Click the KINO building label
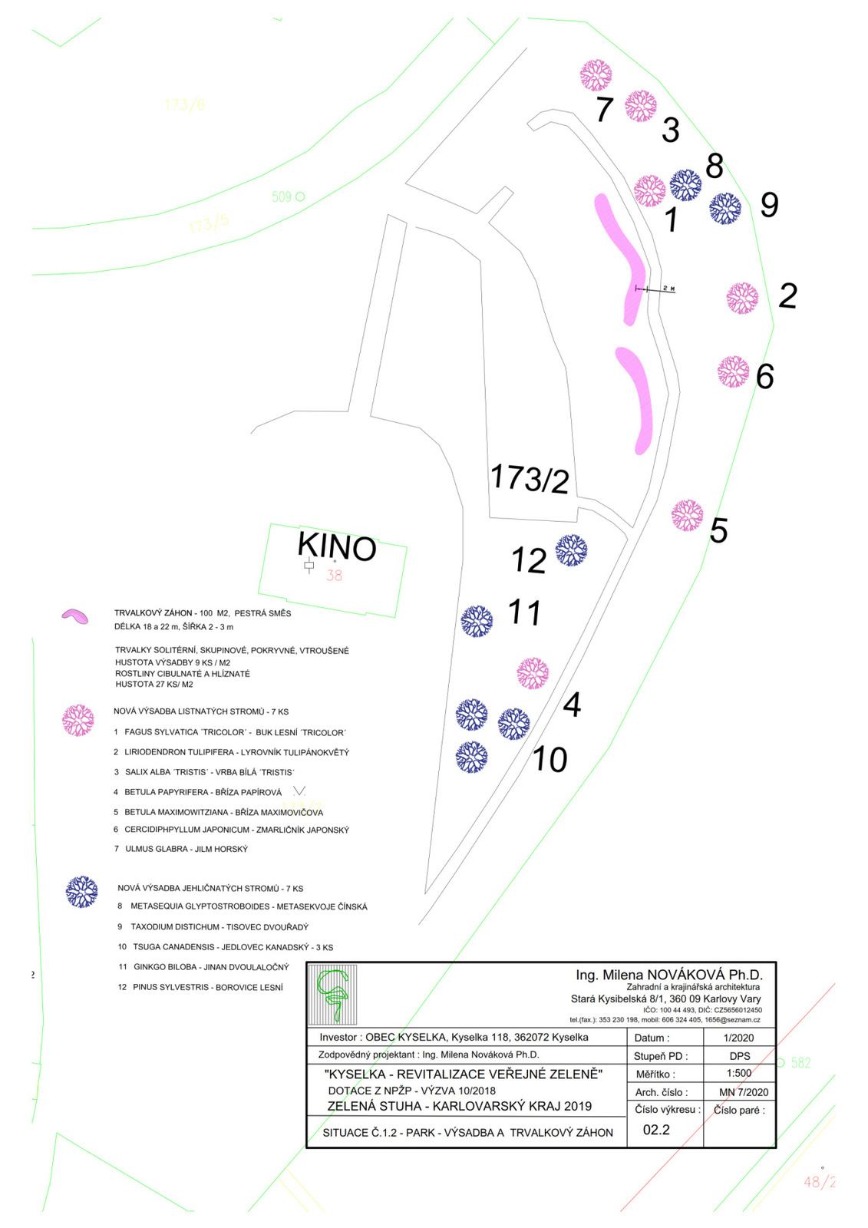point(337,546)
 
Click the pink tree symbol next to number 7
point(596,75)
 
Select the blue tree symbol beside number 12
point(571,550)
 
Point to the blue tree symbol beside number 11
point(477,621)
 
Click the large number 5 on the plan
point(718,530)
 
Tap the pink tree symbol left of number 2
point(742,298)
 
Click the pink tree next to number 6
point(733,371)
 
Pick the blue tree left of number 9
point(725,208)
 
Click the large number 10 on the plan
point(550,759)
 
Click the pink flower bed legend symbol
point(74,616)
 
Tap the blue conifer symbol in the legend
point(81,892)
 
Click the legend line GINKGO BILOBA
point(203,967)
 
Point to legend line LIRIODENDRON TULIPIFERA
point(231,752)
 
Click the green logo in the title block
point(333,995)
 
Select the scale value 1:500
point(739,1074)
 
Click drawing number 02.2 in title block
point(656,1130)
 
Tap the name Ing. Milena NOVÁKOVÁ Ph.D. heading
point(668,975)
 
